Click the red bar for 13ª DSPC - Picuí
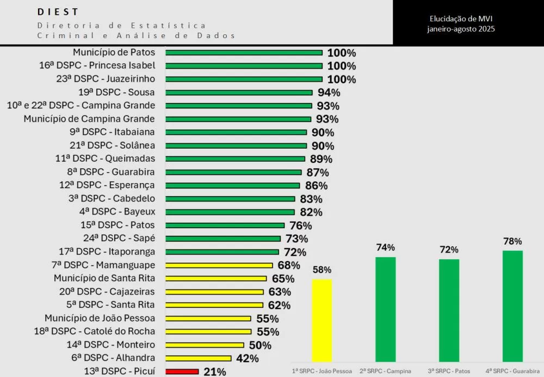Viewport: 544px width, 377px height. [x=182, y=372]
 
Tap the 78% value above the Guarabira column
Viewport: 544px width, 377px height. [x=512, y=241]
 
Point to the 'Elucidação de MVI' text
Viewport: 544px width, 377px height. [x=461, y=19]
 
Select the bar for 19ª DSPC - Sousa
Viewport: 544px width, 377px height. [x=239, y=93]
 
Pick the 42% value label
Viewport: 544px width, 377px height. [x=246, y=358]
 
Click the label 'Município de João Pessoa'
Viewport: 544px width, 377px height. [x=100, y=318]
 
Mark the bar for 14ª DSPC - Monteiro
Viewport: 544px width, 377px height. [x=205, y=345]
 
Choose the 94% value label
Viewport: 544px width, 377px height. [x=329, y=93]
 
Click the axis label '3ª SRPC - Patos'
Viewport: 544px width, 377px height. [x=449, y=371]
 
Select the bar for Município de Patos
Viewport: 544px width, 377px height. [x=244, y=53]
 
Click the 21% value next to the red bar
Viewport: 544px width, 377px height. [x=214, y=372]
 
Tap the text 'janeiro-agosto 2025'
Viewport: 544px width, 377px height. [x=461, y=29]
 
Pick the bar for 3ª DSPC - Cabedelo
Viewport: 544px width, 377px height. [x=230, y=199]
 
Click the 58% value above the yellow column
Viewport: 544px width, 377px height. [x=322, y=270]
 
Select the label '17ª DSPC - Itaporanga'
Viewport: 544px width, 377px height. [x=107, y=252]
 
